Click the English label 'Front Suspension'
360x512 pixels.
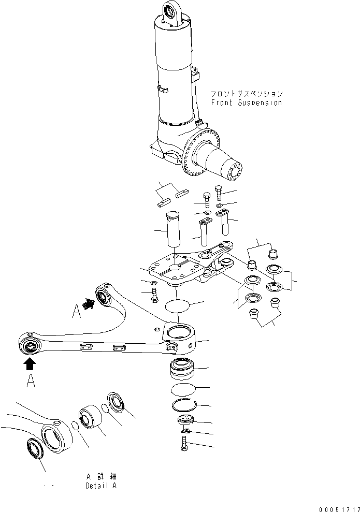(x=246, y=103)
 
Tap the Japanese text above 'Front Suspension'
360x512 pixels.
(x=246, y=94)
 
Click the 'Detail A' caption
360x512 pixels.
(x=101, y=486)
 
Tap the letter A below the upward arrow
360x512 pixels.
(x=31, y=382)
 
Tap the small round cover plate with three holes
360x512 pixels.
(x=185, y=420)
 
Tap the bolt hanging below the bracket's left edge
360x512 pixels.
(x=154, y=297)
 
